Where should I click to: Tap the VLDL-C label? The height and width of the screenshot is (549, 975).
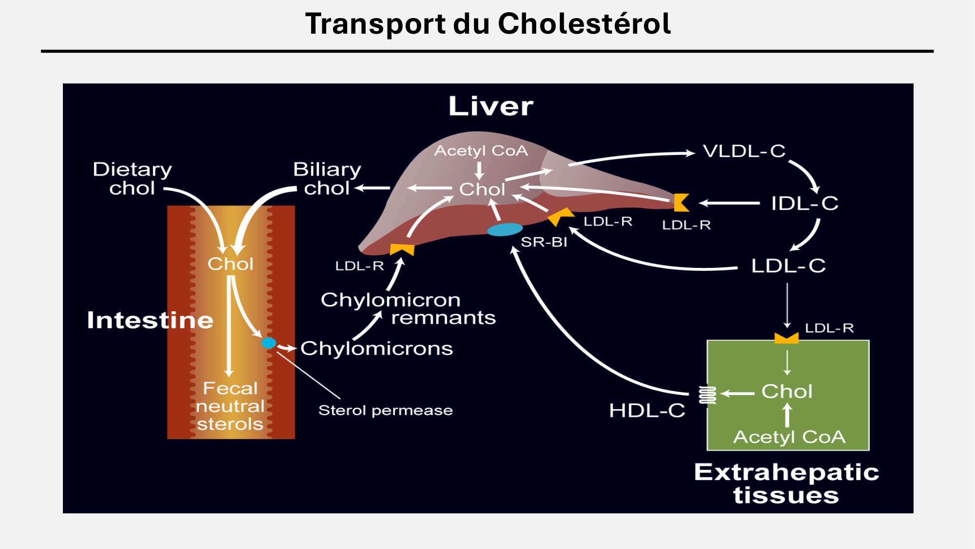click(744, 151)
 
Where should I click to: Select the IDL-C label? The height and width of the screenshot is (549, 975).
click(804, 203)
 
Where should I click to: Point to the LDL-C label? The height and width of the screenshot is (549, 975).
click(788, 266)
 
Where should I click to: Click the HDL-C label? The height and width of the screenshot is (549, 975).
click(647, 410)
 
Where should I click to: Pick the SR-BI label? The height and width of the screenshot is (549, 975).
click(544, 242)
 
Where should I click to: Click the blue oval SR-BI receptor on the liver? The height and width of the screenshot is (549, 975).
click(505, 229)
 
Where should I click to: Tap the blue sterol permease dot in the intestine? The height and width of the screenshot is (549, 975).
click(269, 343)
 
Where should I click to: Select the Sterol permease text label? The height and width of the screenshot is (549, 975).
click(385, 410)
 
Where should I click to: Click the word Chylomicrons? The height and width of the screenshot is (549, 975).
click(376, 348)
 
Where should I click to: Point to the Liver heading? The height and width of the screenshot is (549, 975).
click(490, 106)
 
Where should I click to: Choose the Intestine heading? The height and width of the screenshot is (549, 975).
click(150, 321)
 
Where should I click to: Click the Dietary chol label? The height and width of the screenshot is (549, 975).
click(132, 179)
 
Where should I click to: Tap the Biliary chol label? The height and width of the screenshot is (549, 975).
click(327, 179)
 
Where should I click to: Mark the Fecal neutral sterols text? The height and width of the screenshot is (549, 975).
click(230, 406)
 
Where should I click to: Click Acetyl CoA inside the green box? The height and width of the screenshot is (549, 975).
click(789, 437)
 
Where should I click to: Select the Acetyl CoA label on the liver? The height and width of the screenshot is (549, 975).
click(481, 151)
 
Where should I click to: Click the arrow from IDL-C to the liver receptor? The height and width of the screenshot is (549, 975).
click(729, 203)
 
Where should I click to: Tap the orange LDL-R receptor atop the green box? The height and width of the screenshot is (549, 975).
click(786, 338)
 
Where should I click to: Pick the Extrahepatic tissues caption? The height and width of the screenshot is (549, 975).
click(786, 484)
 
